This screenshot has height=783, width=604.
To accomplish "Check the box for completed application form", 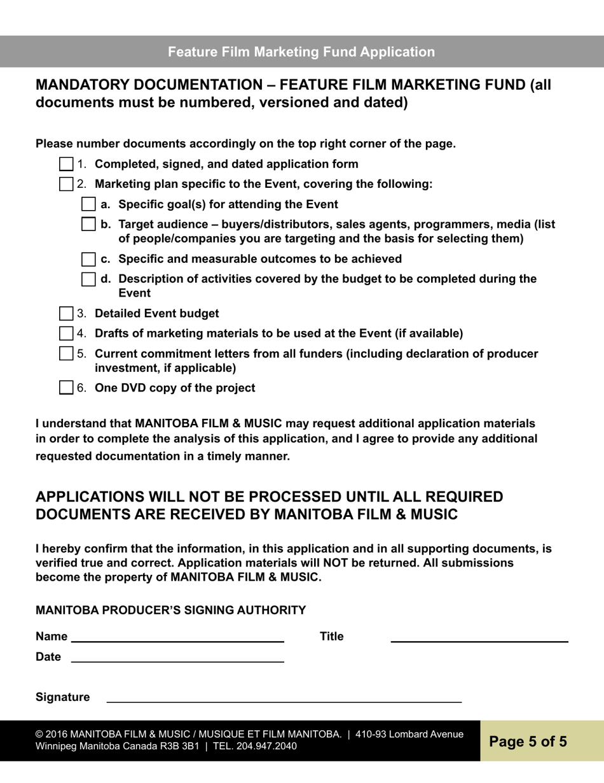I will (x=66, y=164).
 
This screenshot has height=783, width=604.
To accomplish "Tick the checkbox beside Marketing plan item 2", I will (x=66, y=185).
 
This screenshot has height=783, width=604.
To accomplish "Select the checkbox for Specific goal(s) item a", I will (x=90, y=204).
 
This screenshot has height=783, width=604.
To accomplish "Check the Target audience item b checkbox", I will (x=90, y=225).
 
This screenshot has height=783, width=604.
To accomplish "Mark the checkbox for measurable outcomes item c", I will (x=90, y=259).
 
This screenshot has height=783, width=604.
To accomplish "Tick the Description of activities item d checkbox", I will (x=90, y=279).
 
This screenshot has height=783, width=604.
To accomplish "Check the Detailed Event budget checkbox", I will (x=66, y=314).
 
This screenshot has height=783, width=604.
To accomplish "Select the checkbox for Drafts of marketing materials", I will (x=66, y=334).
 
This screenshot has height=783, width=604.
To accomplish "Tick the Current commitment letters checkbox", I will (x=66, y=354).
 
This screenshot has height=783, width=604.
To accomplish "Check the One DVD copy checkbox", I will (x=66, y=388).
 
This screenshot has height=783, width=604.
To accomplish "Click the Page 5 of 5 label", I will (x=528, y=742).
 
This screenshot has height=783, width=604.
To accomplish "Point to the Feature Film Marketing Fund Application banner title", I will (x=301, y=52).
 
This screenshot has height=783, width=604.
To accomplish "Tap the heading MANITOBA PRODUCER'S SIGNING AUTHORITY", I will (x=170, y=610).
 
